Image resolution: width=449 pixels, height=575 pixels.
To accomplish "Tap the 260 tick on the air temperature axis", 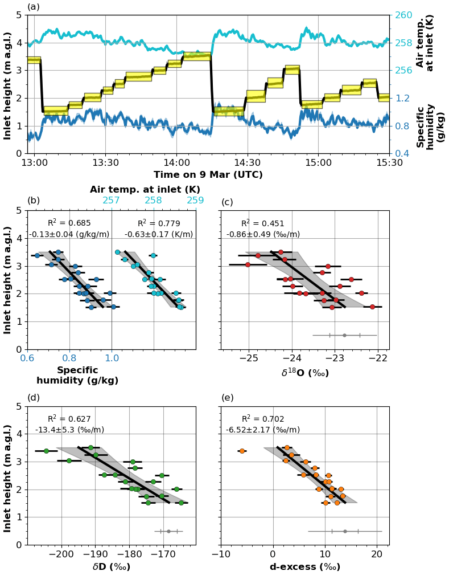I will point(403,15).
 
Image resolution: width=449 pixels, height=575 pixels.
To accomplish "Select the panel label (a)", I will point(34,7).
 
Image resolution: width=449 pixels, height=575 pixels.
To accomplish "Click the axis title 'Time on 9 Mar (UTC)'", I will point(208,175).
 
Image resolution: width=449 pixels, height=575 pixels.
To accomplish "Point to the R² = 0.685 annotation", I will point(69,223).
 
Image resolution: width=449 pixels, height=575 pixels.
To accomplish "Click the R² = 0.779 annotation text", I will point(159,223).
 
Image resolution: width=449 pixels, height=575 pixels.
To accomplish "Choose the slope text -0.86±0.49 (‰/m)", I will point(263,234).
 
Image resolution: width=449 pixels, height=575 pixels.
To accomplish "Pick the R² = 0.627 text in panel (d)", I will point(69,419).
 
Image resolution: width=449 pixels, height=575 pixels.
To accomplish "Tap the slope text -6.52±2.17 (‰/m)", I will point(263,430).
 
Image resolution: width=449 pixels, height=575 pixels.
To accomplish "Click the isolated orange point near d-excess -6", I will point(242,451).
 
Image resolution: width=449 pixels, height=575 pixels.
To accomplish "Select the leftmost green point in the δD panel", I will point(46,451).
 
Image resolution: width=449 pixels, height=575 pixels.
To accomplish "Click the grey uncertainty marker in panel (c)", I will point(344,335).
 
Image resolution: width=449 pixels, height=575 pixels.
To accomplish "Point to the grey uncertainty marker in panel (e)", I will point(345,531).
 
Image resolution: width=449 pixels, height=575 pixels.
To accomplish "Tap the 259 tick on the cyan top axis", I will point(195,201).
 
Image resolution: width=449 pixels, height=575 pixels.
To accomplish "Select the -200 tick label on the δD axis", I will point(61,554).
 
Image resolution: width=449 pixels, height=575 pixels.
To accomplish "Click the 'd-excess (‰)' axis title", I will point(305,567).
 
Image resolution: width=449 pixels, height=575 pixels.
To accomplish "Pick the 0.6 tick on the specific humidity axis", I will point(27,358).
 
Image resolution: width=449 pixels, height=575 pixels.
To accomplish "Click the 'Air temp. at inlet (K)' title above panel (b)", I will point(145,189).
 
